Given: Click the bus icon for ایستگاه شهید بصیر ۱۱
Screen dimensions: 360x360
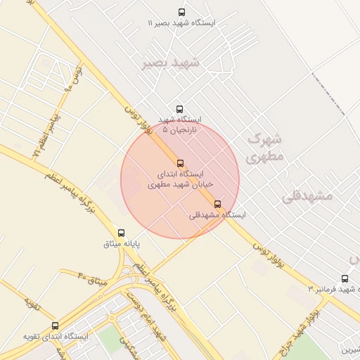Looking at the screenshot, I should (182, 12).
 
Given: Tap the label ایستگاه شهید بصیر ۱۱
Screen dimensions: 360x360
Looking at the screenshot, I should (182, 23).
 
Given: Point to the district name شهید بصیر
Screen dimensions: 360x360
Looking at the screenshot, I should (171, 63).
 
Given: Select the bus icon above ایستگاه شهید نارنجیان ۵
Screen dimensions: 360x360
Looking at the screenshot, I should (179, 109).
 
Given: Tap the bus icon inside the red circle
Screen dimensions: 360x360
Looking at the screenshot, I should (181, 163).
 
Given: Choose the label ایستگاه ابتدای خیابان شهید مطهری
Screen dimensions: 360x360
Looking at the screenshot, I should (180, 179).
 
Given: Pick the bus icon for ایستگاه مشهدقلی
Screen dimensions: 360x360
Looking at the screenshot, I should (217, 204).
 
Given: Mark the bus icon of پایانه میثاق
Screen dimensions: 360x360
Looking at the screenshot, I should (121, 233).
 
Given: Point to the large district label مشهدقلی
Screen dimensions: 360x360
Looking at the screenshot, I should (307, 196).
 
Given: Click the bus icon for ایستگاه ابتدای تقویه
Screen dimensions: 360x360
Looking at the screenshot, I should (56, 326).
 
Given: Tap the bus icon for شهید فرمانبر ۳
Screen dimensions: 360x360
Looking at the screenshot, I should (345, 278).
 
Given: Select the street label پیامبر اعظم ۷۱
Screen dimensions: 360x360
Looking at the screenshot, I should (44, 139).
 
